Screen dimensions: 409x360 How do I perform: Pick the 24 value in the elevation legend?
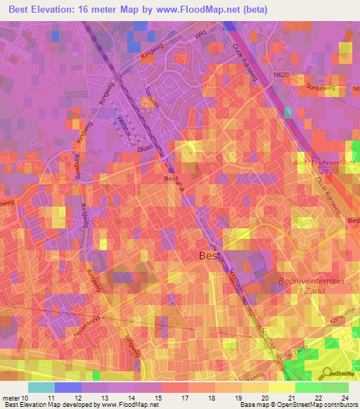point(347,398)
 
